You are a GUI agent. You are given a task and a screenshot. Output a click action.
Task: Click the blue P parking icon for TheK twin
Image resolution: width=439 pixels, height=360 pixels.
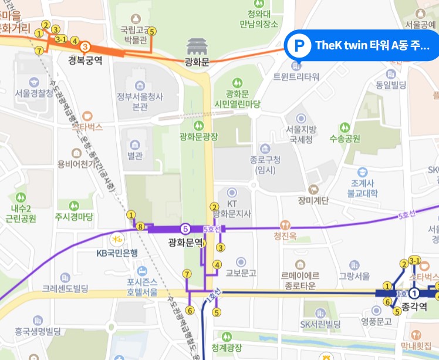(300, 45)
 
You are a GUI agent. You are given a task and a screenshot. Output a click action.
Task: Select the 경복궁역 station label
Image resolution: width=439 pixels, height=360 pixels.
(85, 59)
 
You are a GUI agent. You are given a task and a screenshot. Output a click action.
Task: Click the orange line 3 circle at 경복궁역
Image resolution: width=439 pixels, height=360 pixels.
(85, 46)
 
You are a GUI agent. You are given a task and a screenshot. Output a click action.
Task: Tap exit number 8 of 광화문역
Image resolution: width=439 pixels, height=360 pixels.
(140, 227)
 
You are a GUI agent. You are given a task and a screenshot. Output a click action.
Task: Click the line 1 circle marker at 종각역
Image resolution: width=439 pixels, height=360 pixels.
(414, 293)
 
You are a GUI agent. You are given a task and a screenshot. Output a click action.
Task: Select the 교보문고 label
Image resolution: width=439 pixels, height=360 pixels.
(241, 273)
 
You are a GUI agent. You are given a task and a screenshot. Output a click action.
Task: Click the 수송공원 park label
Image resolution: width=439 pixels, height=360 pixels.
(345, 139)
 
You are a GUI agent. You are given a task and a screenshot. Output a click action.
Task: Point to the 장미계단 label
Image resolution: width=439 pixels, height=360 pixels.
(313, 201)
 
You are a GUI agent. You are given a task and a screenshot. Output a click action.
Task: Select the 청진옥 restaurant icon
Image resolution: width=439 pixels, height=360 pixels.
(285, 224)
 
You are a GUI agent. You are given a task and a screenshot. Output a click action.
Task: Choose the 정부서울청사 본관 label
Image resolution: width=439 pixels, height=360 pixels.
(140, 102)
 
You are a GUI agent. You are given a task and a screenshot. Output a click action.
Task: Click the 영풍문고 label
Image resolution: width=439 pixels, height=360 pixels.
(376, 321)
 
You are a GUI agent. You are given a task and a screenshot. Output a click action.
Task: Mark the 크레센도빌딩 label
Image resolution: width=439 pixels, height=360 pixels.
(65, 289)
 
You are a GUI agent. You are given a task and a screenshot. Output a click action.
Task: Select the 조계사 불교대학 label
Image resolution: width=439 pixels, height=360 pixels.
(363, 187)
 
